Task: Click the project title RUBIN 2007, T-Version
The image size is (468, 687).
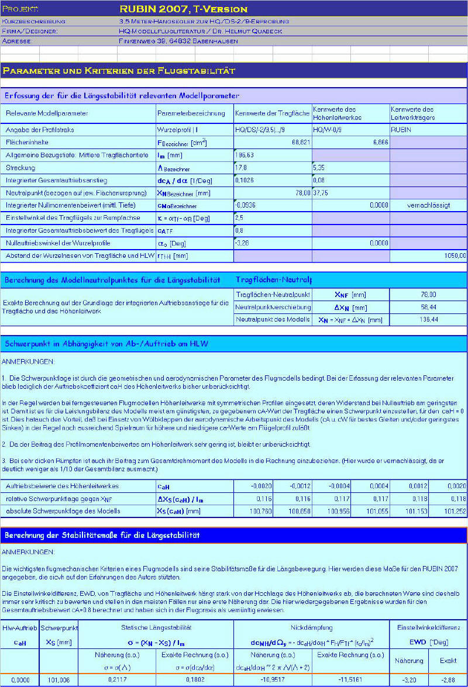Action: pyautogui.click(x=183, y=9)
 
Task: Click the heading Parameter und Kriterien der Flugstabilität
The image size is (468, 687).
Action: pyautogui.click(x=119, y=71)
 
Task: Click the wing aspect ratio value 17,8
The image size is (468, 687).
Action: pyautogui.click(x=240, y=167)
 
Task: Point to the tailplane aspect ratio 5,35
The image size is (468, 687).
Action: pyautogui.click(x=319, y=167)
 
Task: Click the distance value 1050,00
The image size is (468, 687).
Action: pyautogui.click(x=455, y=255)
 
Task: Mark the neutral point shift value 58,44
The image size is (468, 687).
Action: pyautogui.click(x=428, y=307)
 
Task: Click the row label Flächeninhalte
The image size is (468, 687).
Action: pyautogui.click(x=27, y=142)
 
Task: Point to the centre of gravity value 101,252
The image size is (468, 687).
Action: pyautogui.click(x=456, y=511)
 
